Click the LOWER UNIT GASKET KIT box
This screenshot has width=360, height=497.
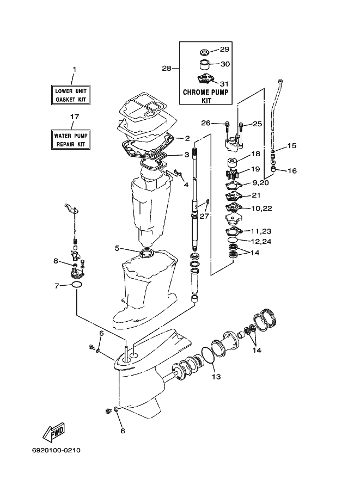pos(71,95)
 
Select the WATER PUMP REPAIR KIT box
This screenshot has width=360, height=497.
pos(71,140)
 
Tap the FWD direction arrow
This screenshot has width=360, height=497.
pos(54,432)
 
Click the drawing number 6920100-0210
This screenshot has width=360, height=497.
pos(56,450)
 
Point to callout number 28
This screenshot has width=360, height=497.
pos(167,68)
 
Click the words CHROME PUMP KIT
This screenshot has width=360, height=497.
pos(206,96)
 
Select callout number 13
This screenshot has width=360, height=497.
pos(216,377)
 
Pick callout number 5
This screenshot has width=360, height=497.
pos(117,248)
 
